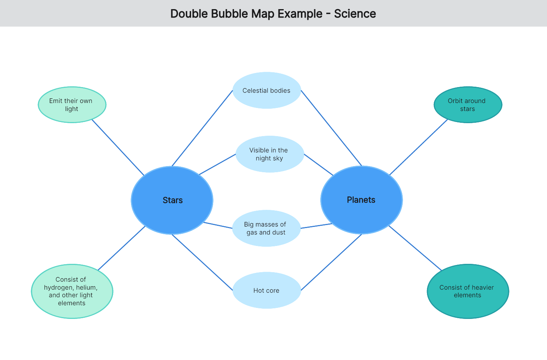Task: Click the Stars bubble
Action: [172, 200]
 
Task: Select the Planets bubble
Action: [361, 200]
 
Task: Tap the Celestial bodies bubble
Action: [267, 90]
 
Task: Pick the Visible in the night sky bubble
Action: [269, 154]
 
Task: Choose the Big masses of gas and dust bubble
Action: [266, 228]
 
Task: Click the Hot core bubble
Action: [266, 290]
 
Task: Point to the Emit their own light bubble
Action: [72, 105]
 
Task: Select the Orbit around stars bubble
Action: [468, 105]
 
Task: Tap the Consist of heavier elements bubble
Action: [468, 291]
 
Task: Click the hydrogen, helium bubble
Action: [72, 291]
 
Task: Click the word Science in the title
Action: [355, 14]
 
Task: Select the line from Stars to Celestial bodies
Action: [202, 128]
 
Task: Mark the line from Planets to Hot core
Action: [331, 262]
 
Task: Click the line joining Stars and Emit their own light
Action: [118, 147]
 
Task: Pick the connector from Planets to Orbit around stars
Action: [419, 147]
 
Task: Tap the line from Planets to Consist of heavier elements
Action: [415, 248]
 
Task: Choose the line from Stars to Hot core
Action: [202, 262]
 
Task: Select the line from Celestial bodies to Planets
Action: [331, 128]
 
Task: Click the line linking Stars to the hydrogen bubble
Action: [122, 248]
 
